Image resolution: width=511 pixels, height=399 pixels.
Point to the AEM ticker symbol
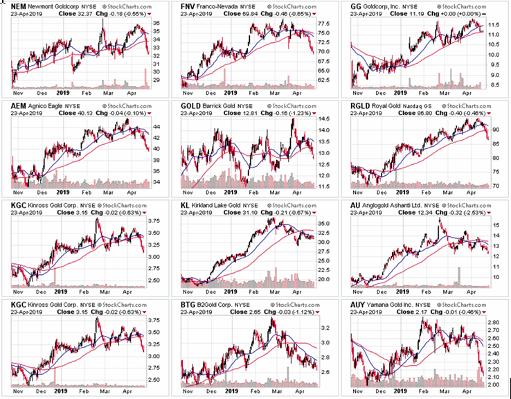pyautogui.click(x=19, y=105)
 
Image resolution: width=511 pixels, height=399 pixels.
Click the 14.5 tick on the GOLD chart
pyautogui.click(x=323, y=120)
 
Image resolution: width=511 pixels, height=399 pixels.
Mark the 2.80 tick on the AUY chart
pyautogui.click(x=493, y=323)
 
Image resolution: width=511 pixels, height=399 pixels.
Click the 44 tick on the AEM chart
pyautogui.click(x=154, y=126)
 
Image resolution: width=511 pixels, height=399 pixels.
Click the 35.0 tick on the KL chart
pyautogui.click(x=323, y=224)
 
